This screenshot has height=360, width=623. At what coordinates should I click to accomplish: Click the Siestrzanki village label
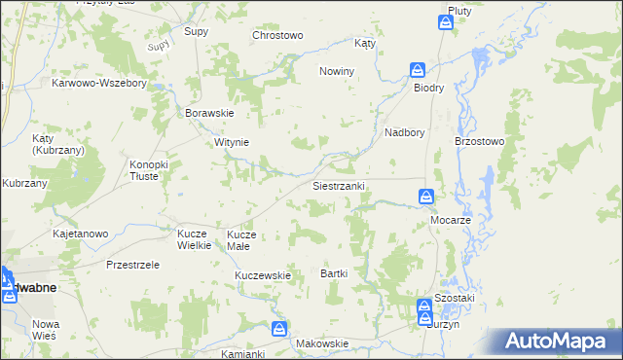[x=338, y=186]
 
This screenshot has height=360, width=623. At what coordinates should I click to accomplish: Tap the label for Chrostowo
[x=277, y=35]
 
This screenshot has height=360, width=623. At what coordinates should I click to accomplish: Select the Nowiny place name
[x=337, y=72]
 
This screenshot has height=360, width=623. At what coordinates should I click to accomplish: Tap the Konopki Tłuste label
[x=149, y=170]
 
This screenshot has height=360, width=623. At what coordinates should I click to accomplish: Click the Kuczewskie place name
[x=263, y=275]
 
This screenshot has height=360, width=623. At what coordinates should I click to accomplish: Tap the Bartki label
[x=334, y=274]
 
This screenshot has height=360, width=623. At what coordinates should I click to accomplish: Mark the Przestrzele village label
[x=132, y=265]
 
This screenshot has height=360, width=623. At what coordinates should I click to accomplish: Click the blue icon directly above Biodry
[x=417, y=70]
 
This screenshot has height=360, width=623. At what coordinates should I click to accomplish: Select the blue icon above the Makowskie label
[x=279, y=329]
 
